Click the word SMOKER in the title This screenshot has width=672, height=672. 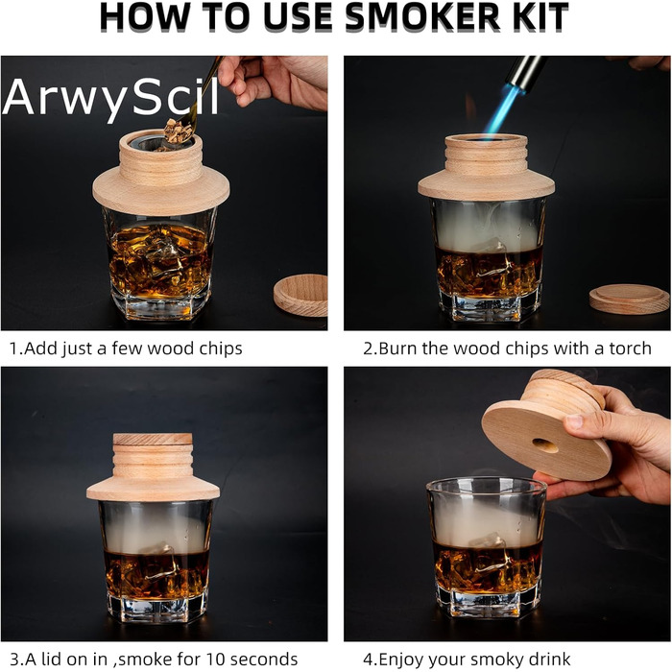click(421, 17)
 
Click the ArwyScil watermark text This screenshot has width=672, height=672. click(111, 98)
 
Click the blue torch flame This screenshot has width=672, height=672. click(500, 112)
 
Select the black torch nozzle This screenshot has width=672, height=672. click(524, 74)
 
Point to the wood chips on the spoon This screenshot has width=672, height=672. click(178, 131)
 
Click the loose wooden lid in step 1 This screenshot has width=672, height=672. click(300, 295)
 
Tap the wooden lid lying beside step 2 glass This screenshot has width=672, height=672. click(629, 300)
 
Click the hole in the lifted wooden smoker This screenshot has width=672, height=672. click(545, 445)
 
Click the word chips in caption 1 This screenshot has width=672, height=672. click(221, 349)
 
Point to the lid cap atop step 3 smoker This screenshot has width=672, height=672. click(153, 439)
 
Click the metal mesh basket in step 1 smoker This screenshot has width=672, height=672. click(162, 143)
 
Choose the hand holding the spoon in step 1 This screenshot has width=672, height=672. click(275, 82)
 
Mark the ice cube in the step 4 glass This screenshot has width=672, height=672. click(490, 553)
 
